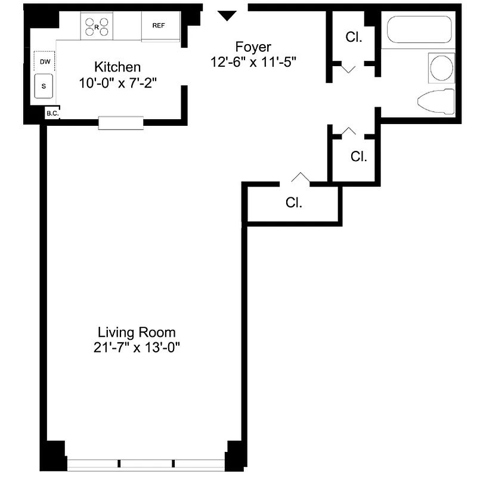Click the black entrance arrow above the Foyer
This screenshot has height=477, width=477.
coord(227,16)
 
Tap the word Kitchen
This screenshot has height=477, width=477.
coord(117,67)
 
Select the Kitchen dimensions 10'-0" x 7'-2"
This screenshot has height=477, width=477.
coord(117,83)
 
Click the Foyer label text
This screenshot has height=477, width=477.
coord(253,47)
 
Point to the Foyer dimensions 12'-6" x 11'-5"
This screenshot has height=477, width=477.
coord(253,61)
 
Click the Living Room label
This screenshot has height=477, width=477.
coord(137,332)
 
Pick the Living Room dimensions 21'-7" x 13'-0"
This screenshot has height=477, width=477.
coord(137,348)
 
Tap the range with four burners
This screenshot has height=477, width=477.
coord(98,26)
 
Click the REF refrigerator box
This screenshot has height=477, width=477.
coord(159,26)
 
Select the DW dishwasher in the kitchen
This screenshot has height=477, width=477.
coord(44,61)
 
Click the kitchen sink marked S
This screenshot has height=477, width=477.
coord(44,86)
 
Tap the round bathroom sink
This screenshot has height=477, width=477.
coord(441,67)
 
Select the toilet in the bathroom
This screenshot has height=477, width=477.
coord(436,102)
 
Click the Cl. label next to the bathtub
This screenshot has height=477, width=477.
coord(354,37)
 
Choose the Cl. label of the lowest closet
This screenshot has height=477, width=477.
coord(294,203)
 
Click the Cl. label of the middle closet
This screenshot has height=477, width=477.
coord(358,157)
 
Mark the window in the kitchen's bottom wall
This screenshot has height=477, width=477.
coord(121,123)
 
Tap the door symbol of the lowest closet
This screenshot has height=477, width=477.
coord(299,178)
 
